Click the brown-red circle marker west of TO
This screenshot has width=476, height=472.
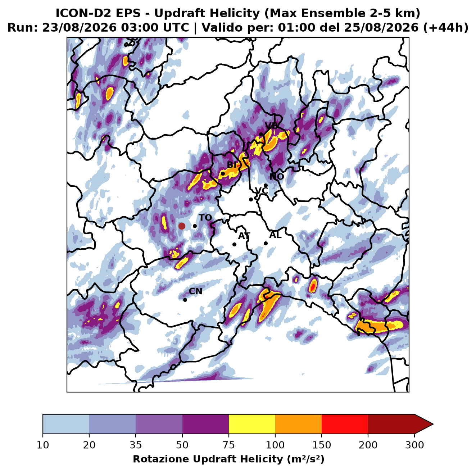click(182, 226)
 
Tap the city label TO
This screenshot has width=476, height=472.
click(205, 218)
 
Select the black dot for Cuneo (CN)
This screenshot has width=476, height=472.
click(185, 300)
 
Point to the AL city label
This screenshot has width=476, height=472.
click(275, 235)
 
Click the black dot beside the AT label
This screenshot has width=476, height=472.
click(235, 244)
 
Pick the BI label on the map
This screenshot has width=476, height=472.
click(232, 164)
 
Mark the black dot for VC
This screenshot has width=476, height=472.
click(251, 199)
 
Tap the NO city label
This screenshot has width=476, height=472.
click(277, 176)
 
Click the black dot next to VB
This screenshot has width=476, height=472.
click(261, 134)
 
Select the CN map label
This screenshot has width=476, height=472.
click(195, 291)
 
